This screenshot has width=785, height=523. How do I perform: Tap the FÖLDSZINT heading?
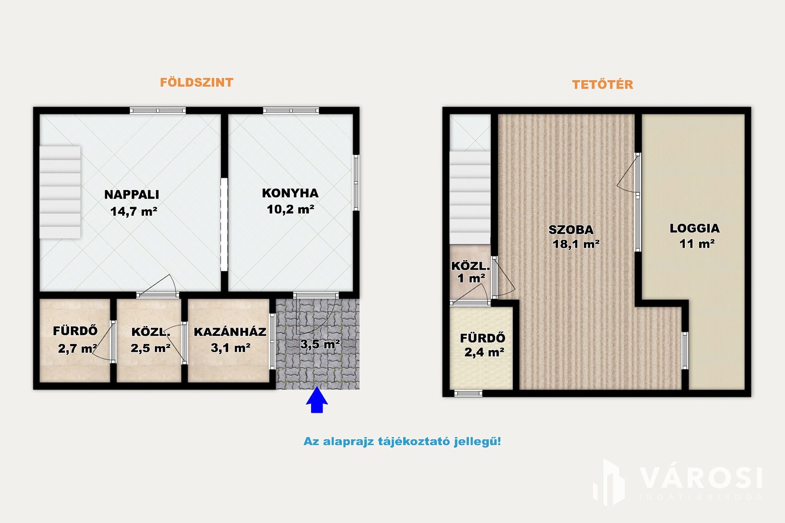pos(196,82)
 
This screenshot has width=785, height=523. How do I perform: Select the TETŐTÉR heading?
pos(603,84)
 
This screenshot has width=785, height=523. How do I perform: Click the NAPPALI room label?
pos(132,194)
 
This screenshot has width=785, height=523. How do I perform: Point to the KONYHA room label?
pos(290,193)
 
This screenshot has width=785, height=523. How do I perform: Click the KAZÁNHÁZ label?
pos(230,332)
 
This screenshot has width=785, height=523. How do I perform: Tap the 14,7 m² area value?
pos(134,211)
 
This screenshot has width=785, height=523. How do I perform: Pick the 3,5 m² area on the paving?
pos(320,344)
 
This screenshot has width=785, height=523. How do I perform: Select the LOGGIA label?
pos(695,228)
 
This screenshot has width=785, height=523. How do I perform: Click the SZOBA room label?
pos(571,230)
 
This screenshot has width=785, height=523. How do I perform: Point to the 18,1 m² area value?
pos(576,244)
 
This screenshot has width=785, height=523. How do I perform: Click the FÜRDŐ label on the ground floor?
pos(75,331)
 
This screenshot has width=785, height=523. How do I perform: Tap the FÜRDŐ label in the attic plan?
pos(482,338)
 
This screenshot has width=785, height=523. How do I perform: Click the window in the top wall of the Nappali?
pos(158,110)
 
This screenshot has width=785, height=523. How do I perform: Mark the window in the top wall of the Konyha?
pos(291,110)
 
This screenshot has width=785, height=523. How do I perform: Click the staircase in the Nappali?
pos(60,192)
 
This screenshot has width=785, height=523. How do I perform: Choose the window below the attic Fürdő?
pos(469,393)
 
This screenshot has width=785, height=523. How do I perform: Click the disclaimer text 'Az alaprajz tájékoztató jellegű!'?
pos(402,441)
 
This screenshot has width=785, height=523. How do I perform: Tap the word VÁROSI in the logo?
pos(701,478)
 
